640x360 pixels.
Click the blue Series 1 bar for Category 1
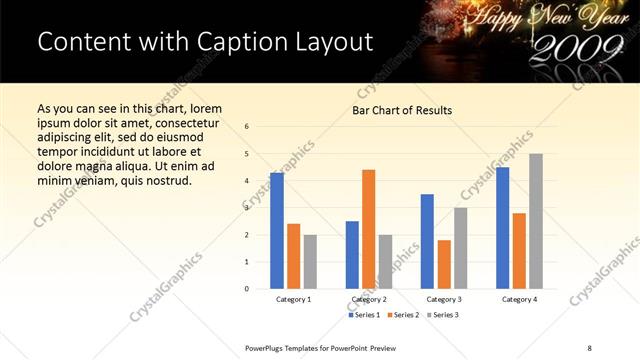277,231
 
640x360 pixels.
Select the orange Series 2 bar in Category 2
368,229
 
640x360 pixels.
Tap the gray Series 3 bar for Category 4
536,221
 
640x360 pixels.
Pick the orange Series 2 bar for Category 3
444,264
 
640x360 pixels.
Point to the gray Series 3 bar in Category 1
310,262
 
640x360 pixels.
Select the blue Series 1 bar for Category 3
427,241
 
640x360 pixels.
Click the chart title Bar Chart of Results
402,110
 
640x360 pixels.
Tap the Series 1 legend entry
364,315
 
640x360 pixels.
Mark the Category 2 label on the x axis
369,299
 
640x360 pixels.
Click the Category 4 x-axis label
519,299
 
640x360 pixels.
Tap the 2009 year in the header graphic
563,46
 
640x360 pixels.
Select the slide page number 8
589,347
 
